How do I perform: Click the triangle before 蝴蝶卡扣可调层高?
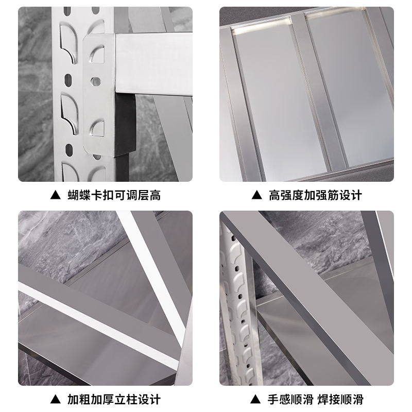(56, 195)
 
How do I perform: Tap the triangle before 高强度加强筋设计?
(256, 195)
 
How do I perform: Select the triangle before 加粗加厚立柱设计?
(56, 399)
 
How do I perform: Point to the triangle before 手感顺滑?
(255, 399)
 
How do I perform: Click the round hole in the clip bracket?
(96, 81)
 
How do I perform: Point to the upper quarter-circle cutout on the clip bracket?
(97, 55)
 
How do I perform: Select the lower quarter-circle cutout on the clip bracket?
(97, 128)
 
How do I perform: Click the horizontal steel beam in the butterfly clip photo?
(153, 64)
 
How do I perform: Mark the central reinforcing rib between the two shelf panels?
(318, 92)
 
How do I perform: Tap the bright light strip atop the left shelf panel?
(262, 25)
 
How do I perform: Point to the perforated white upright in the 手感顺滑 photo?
(239, 307)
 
